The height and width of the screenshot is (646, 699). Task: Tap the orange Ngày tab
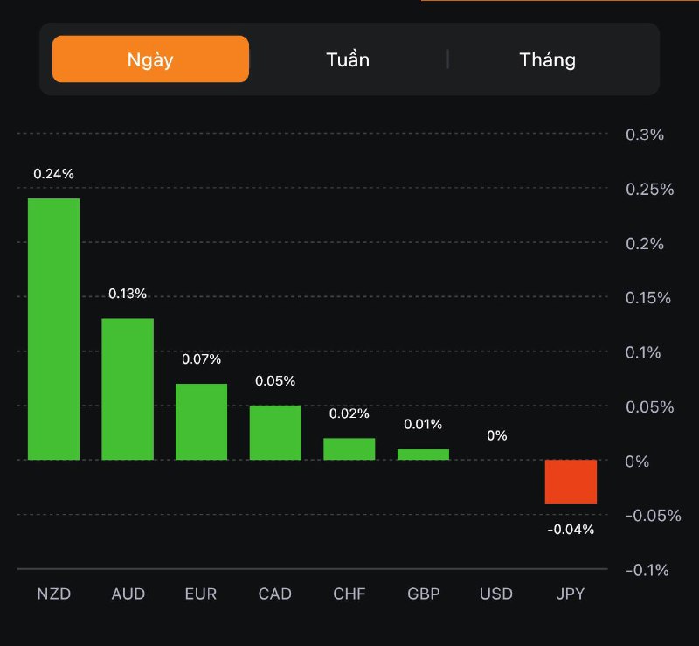pos(150,59)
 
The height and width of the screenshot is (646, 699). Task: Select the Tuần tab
pos(348,59)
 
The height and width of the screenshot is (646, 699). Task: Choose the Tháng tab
pos(548,59)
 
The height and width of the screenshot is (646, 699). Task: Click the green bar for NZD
pos(53,329)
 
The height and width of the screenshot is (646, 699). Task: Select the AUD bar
pos(128,389)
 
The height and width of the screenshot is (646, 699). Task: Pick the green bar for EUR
pos(201,421)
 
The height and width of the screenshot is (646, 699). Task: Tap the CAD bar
pos(275,433)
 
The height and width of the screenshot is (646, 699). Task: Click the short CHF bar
pos(349,448)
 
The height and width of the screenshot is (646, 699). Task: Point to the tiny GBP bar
pos(423,455)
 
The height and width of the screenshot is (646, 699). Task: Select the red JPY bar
pos(571,482)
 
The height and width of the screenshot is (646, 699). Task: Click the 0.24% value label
pos(53,174)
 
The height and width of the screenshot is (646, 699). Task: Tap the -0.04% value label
pos(571,529)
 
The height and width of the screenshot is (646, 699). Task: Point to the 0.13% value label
pos(128,294)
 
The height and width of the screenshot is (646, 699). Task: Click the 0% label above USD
pos(497,435)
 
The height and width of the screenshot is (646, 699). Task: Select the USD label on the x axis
pos(496,594)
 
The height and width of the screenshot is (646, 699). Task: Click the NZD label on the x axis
pos(53,594)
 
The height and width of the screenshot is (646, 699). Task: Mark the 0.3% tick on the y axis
pos(646,135)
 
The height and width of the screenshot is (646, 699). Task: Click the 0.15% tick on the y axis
pos(648,298)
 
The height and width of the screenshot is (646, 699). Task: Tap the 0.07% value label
pos(201,359)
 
